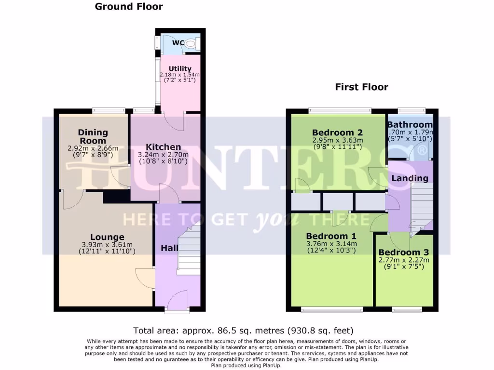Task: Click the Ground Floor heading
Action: coord(129,7)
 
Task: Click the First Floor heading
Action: coord(361,87)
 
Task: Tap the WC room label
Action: coord(178,43)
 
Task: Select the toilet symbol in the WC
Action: coord(191,44)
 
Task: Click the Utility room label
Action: coord(180,69)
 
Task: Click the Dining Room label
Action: coord(93,136)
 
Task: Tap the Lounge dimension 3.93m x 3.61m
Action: coord(107,244)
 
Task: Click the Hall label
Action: coord(169,248)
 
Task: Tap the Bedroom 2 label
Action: coord(337,133)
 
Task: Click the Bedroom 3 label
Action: coord(403,252)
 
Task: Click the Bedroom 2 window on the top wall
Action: coord(340,110)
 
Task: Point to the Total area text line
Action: coord(244,330)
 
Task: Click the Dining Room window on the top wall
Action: coord(109,110)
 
